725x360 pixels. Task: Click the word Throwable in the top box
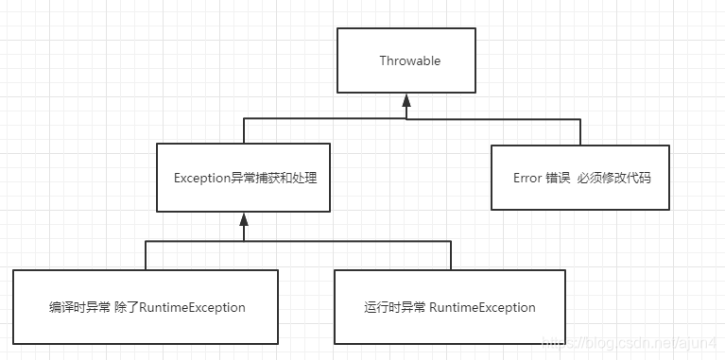click(x=409, y=61)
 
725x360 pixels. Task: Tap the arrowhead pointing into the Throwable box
click(x=406, y=98)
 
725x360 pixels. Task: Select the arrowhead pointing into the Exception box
click(x=243, y=217)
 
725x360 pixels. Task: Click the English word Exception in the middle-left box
click(x=202, y=178)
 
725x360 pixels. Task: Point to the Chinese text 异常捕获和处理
click(x=280, y=178)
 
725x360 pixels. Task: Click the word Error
click(x=527, y=179)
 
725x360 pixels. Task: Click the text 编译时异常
click(x=79, y=307)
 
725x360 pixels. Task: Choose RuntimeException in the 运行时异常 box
click(x=482, y=307)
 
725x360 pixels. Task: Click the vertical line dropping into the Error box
click(x=579, y=131)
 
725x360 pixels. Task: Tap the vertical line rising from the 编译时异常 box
click(x=146, y=255)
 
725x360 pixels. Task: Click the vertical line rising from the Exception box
click(x=244, y=131)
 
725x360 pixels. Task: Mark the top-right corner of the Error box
click(x=668, y=146)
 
